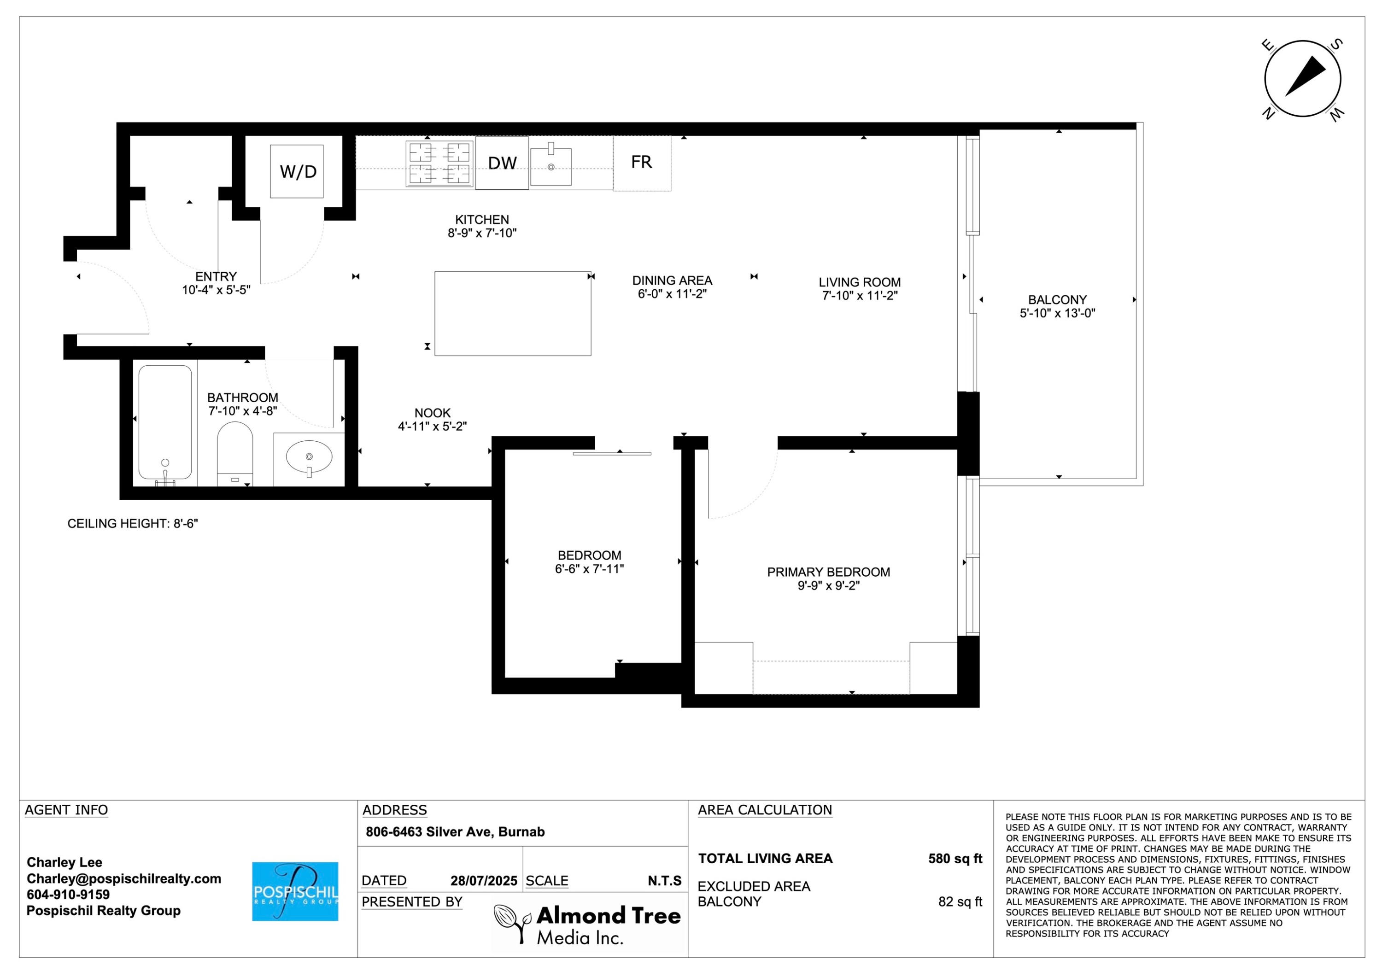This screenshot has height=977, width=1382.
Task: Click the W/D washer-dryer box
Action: pos(297,171)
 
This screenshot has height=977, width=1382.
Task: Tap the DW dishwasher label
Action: pos(502,163)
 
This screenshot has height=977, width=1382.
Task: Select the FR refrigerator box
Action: pos(642,163)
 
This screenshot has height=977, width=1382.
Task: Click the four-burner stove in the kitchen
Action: pos(439,163)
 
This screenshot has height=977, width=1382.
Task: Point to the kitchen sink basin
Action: pos(551,166)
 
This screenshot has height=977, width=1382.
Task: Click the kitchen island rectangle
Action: pos(513,313)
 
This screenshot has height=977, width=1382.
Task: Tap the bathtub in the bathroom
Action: pos(165,422)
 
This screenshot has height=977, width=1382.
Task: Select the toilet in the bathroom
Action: pos(235,453)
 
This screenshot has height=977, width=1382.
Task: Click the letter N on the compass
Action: pos(1268,113)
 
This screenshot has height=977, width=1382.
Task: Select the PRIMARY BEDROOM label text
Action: pos(828,572)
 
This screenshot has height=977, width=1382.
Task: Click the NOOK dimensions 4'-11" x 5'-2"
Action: pos(432,426)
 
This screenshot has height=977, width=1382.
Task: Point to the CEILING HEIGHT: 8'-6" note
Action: pos(132,524)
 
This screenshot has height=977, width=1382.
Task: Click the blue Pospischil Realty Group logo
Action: pos(295,891)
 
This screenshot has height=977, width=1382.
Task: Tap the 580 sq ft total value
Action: pos(955,859)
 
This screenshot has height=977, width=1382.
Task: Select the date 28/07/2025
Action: pos(484,881)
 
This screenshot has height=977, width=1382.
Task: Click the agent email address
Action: pos(124,879)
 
